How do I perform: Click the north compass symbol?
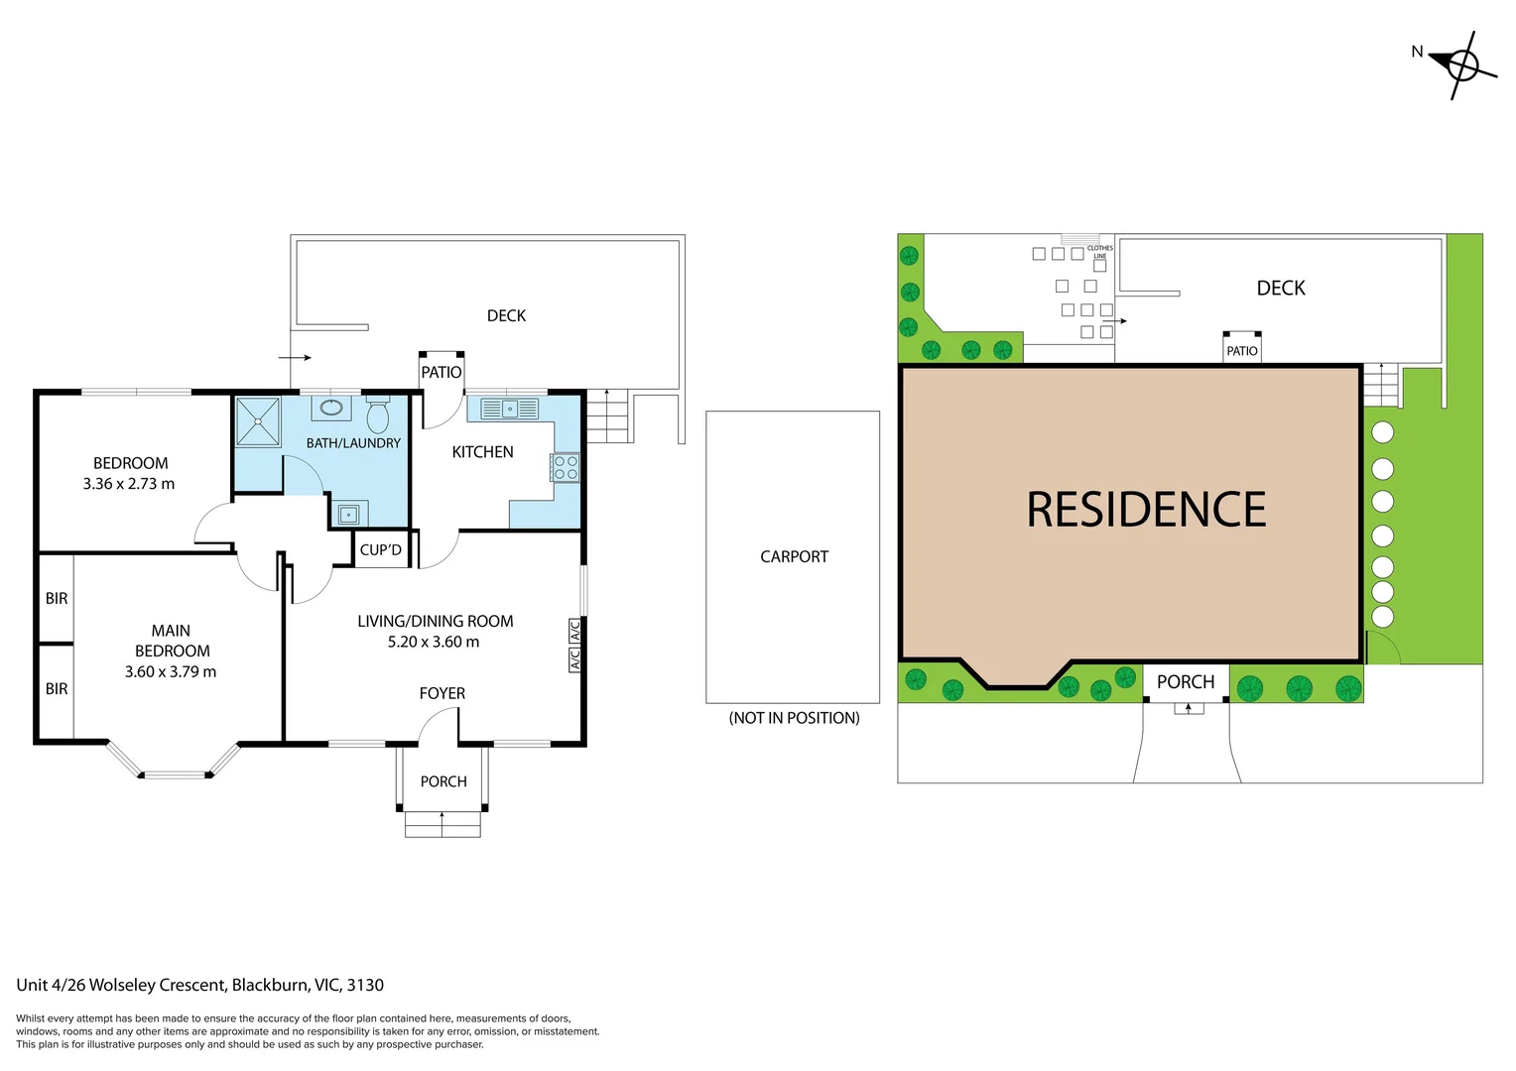point(1460,65)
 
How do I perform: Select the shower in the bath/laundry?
point(258,421)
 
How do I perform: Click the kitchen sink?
point(510,409)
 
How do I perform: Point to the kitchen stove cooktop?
point(566,468)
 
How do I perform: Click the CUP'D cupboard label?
point(381,549)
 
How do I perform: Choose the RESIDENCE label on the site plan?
point(1146,510)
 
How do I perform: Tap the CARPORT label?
point(794,557)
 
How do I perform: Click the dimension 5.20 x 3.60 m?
point(434,642)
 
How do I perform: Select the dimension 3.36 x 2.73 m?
point(129,484)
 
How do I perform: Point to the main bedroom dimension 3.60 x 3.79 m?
point(171,671)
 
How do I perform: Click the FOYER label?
point(442,693)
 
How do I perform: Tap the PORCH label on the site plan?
point(1186,682)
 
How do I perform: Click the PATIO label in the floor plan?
point(442,373)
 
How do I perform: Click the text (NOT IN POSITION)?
point(794,718)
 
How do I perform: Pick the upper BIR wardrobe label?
point(57,598)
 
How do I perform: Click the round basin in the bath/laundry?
point(331,408)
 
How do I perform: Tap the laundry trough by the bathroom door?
point(348,515)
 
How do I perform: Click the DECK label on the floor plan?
point(506,315)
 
